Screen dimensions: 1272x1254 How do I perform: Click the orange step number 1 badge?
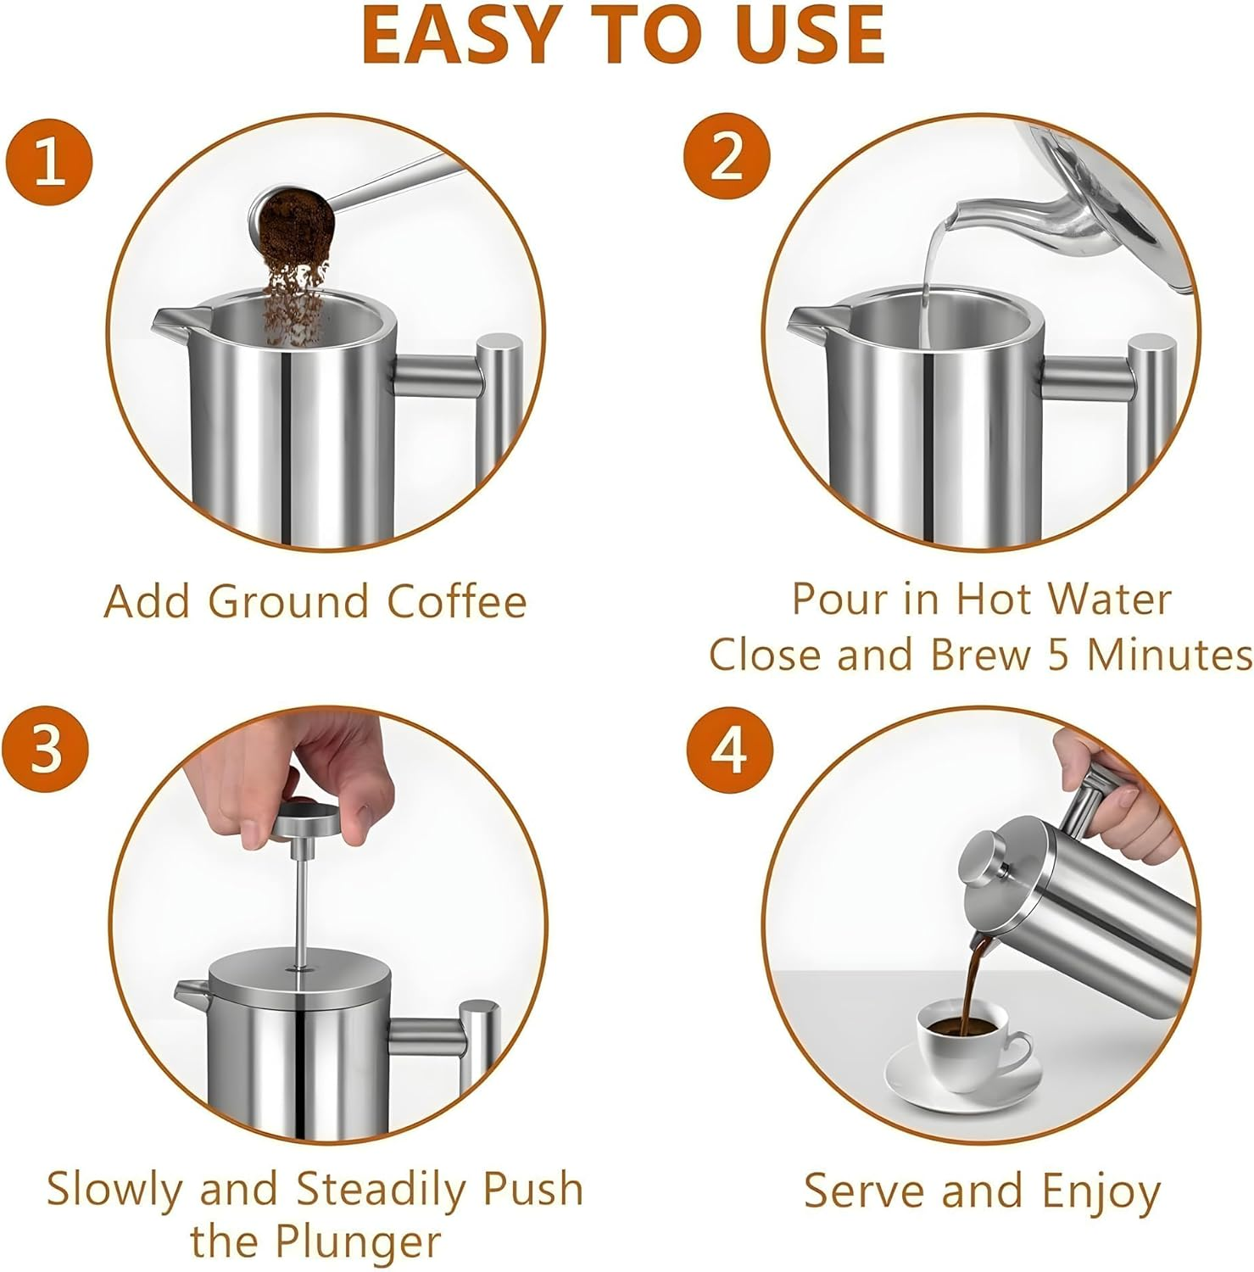point(48,161)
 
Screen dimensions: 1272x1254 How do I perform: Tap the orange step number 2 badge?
point(727,157)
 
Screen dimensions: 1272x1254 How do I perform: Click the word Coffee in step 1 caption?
point(457,602)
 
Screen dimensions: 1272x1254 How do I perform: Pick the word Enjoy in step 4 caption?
point(1101,1191)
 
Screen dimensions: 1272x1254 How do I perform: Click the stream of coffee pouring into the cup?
point(975,975)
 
